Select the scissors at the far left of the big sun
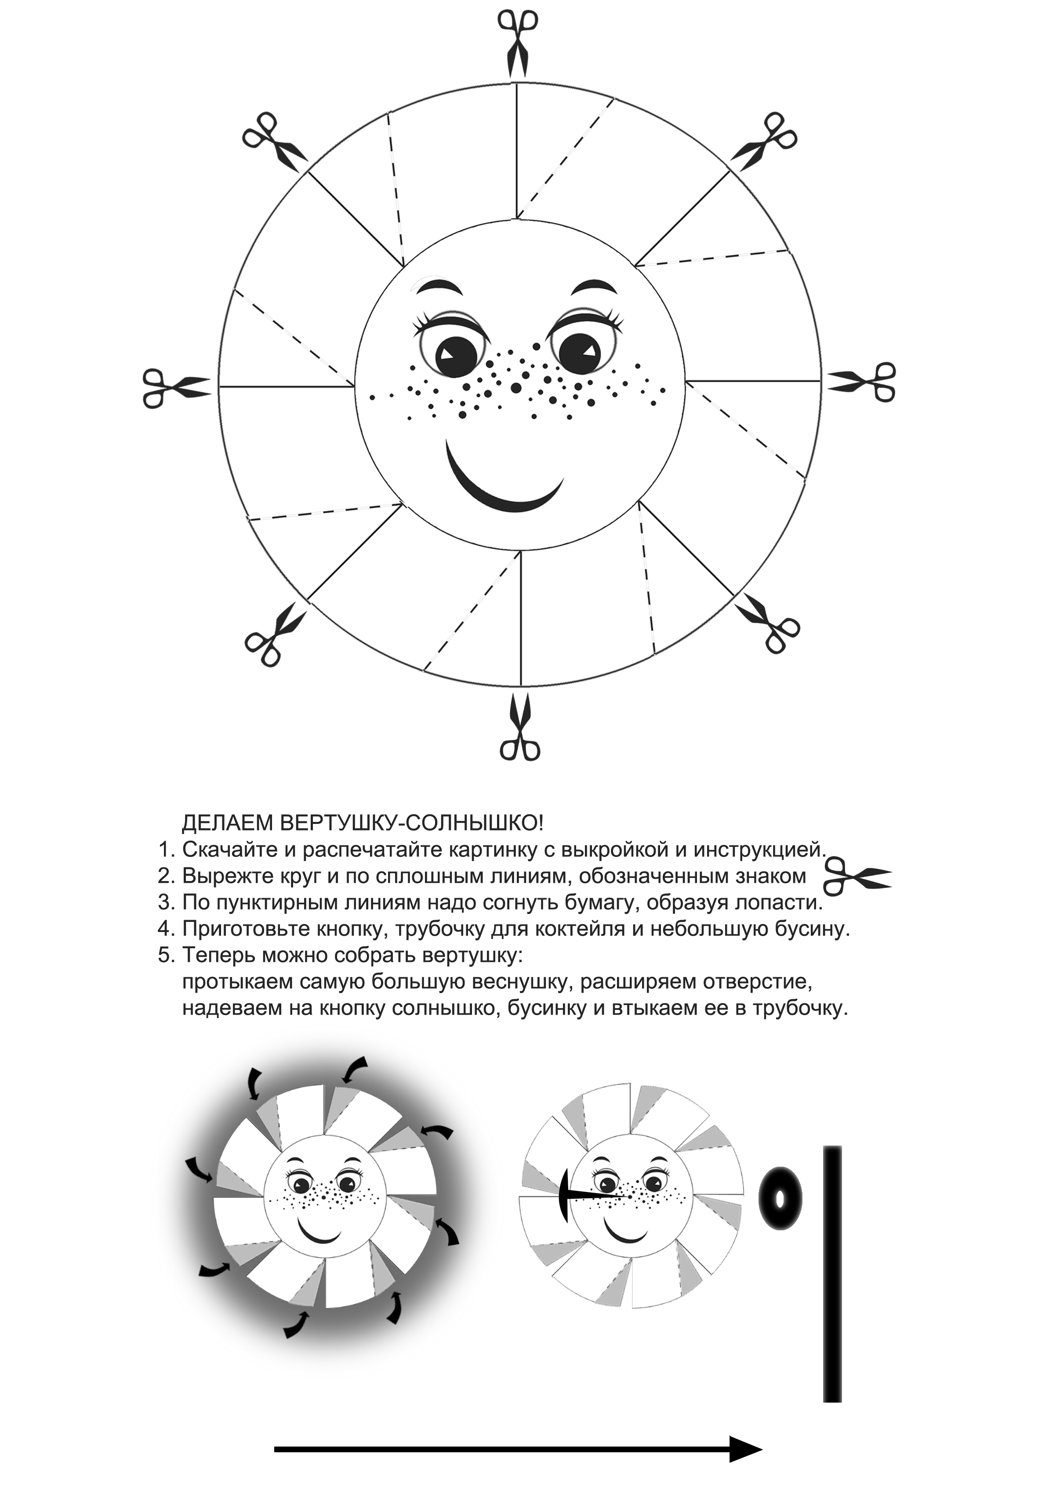176,388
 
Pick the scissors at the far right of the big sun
862,382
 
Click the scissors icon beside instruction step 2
857,876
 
